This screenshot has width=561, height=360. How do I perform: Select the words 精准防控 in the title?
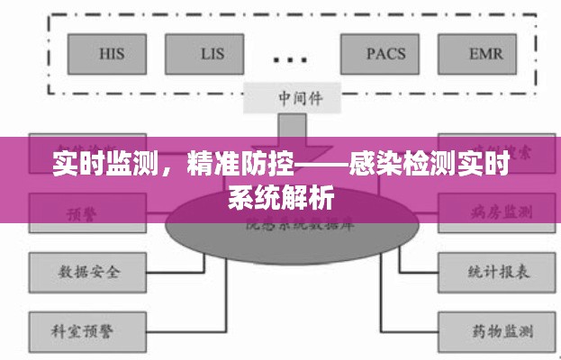(231, 166)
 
